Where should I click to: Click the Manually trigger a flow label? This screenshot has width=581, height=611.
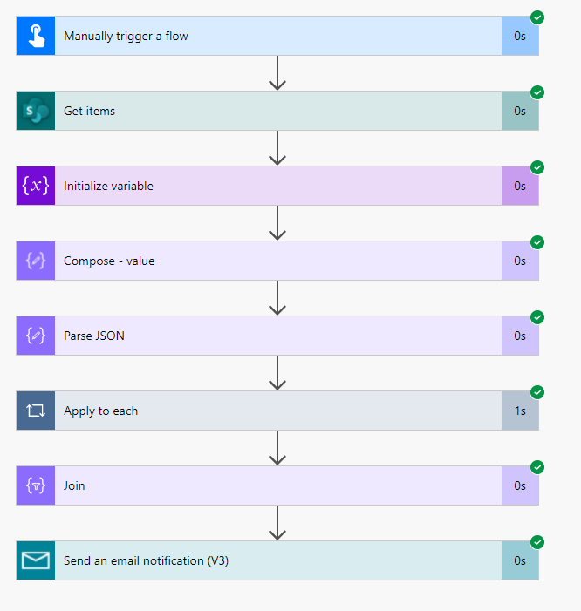click(x=126, y=37)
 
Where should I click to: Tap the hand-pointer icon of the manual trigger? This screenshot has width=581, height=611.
click(x=36, y=36)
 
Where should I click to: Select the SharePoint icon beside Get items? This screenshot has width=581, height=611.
click(x=36, y=111)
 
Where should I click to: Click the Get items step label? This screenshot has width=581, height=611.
click(x=89, y=111)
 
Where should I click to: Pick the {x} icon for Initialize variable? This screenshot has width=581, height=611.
click(x=36, y=186)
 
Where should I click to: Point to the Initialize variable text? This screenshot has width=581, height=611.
click(x=108, y=186)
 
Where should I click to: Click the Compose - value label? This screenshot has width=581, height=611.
click(x=109, y=261)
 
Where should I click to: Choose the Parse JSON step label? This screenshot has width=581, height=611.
click(x=94, y=336)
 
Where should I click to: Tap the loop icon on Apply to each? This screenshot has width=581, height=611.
click(x=36, y=411)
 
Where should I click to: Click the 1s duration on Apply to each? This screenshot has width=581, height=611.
click(x=520, y=411)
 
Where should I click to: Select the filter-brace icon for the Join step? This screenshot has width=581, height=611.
click(x=36, y=485)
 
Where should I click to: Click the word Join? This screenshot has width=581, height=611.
click(x=74, y=485)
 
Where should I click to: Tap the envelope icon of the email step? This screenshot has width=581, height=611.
click(x=36, y=560)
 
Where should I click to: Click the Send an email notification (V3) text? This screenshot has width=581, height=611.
click(x=146, y=560)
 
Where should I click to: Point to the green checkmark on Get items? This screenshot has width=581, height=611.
click(x=537, y=92)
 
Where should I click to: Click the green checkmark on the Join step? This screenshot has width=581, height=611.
click(x=537, y=467)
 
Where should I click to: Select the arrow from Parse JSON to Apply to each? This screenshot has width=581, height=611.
click(x=277, y=373)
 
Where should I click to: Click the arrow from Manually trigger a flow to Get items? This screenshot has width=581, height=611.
click(x=277, y=73)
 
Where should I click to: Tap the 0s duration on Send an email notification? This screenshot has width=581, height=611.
click(x=520, y=560)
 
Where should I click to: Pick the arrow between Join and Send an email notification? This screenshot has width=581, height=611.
click(x=277, y=523)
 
